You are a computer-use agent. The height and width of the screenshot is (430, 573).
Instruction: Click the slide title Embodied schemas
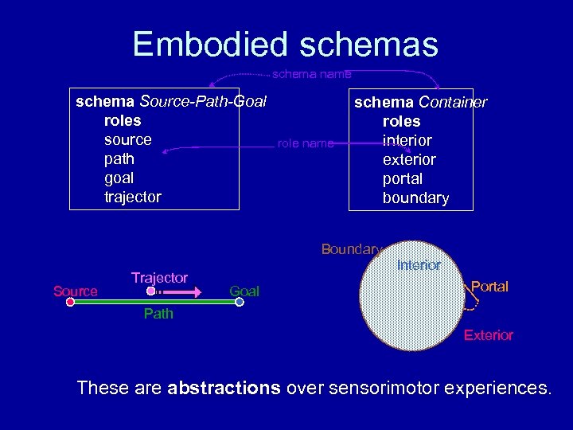click(x=286, y=44)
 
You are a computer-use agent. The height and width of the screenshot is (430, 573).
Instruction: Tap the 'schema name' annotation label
click(x=311, y=74)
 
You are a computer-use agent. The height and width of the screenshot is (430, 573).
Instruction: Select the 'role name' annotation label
click(x=305, y=144)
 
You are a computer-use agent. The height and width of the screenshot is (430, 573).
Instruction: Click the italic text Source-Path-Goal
click(x=203, y=102)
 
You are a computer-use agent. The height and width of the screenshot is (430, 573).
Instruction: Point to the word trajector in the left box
click(x=133, y=197)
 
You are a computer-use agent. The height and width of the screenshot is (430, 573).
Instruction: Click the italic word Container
click(x=453, y=103)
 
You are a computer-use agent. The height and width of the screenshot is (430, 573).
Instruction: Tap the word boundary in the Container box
click(x=415, y=197)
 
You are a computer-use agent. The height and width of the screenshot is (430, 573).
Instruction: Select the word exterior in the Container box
click(x=409, y=159)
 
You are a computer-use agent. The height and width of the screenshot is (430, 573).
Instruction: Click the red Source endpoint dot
click(x=70, y=302)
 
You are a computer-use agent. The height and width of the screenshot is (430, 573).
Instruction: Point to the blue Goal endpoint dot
click(x=240, y=302)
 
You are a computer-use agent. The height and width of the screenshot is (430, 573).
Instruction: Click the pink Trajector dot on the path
click(x=151, y=293)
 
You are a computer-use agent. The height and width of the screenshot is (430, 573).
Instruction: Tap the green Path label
click(x=158, y=314)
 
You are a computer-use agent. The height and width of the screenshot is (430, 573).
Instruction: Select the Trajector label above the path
click(x=159, y=278)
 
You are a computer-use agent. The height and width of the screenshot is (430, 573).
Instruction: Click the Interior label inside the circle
click(x=419, y=265)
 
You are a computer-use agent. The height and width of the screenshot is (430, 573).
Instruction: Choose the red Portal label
click(x=489, y=287)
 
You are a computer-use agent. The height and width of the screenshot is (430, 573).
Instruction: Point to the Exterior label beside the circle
click(x=489, y=335)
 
